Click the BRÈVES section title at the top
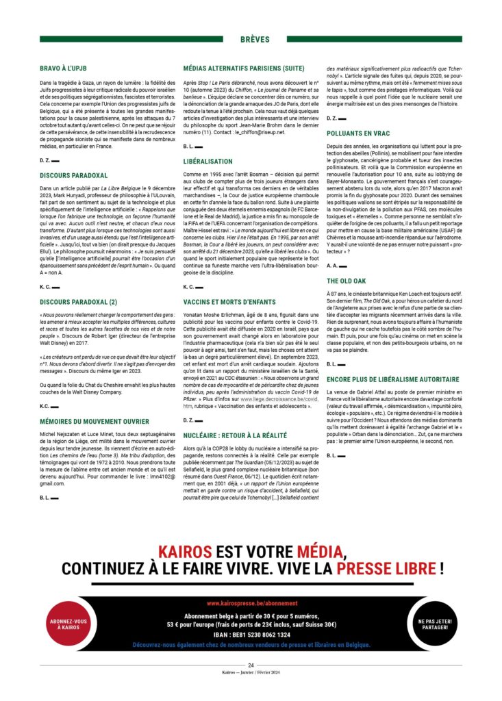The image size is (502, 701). click(x=251, y=40)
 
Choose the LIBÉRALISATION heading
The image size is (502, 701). click(x=208, y=162)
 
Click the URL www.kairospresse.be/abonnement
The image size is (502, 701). click(x=252, y=604)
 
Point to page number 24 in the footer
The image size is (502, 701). click(x=251, y=665)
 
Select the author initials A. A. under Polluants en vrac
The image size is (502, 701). click(x=332, y=265)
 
